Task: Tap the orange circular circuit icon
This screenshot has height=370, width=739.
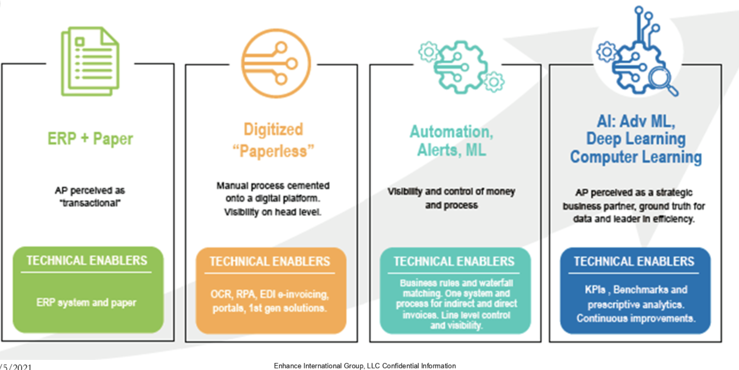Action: (x=276, y=63)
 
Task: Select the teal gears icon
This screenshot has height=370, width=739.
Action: (x=462, y=67)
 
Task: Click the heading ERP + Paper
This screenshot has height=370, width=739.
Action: (x=90, y=139)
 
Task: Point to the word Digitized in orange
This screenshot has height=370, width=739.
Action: (x=273, y=129)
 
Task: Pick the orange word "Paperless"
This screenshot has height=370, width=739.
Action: (x=273, y=151)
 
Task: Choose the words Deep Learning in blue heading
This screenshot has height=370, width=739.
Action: (x=636, y=139)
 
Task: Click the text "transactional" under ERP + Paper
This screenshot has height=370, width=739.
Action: (x=90, y=203)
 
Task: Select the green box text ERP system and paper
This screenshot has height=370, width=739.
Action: (x=86, y=302)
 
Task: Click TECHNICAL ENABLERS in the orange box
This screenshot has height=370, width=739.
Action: (x=270, y=261)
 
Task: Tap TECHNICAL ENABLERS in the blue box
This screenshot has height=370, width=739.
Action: (x=634, y=261)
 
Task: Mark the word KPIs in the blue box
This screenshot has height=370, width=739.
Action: (x=595, y=289)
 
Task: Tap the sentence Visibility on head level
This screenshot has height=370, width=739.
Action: (x=273, y=212)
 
